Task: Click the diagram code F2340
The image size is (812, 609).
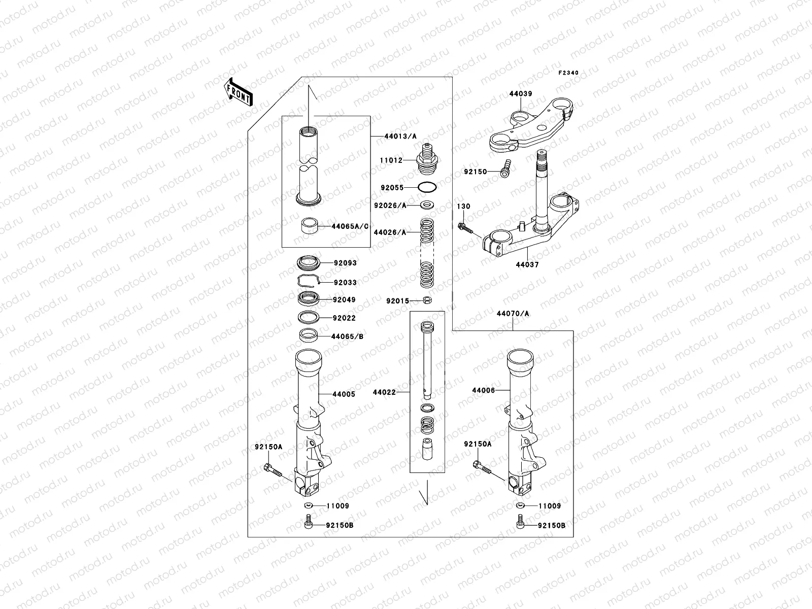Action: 568,73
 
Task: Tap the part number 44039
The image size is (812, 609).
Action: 521,94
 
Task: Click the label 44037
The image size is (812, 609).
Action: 527,265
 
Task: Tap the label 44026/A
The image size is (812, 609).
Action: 390,232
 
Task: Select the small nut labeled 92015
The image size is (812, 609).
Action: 427,300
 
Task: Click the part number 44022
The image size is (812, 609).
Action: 383,392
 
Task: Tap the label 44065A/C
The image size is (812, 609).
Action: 350,226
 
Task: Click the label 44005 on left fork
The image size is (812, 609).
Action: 344,394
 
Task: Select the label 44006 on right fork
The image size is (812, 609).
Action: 483,390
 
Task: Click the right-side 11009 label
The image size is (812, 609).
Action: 550,506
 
